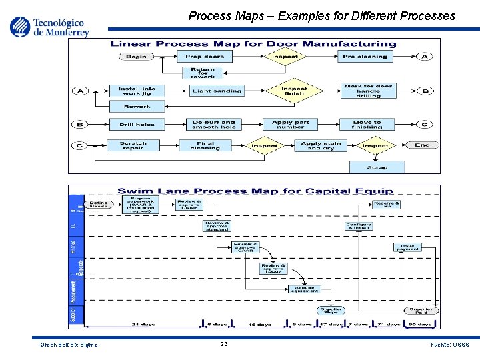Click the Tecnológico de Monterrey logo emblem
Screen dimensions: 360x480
pos(20,26)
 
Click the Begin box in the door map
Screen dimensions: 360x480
pos(137,57)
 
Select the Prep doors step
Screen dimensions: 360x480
pos(205,57)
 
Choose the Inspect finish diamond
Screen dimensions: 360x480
pos(294,90)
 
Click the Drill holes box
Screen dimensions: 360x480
pos(137,124)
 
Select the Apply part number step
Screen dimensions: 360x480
pos(291,124)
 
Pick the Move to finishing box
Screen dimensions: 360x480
pos(367,124)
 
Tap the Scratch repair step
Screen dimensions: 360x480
pos(133,145)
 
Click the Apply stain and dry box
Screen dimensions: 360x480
pos(321,145)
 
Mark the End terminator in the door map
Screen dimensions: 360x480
pos(423,145)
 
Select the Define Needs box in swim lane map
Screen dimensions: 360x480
pos(99,205)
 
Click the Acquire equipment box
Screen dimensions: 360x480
pos(304,289)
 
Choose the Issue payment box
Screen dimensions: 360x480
pos(407,247)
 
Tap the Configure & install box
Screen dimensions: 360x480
pos(359,226)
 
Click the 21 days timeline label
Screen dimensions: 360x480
pos(143,324)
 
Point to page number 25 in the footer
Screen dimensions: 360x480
pos(224,344)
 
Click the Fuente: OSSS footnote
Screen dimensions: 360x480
pos(451,345)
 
